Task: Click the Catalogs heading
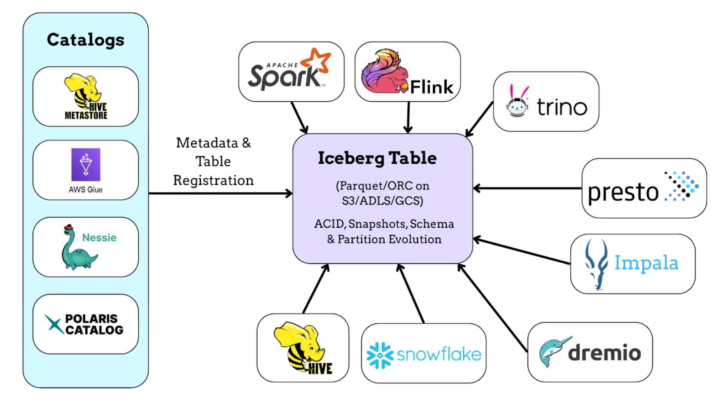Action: (86, 40)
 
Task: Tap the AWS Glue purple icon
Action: (86, 165)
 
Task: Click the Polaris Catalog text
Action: (94, 325)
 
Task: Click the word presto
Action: (623, 192)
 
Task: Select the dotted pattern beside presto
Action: (681, 187)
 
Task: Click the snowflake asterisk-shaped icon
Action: (379, 355)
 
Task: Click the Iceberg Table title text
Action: (377, 158)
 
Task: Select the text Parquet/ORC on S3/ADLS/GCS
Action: (382, 193)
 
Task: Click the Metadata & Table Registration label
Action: (213, 161)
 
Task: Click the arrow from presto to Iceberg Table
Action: (527, 189)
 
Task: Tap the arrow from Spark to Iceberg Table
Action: (299, 118)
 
